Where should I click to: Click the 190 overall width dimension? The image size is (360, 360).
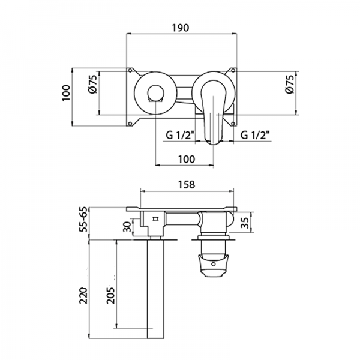click(x=183, y=28)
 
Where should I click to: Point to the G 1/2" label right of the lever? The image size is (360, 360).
click(x=256, y=136)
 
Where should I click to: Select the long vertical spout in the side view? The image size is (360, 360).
click(x=155, y=288)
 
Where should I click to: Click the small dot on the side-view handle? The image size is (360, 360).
click(x=214, y=262)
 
